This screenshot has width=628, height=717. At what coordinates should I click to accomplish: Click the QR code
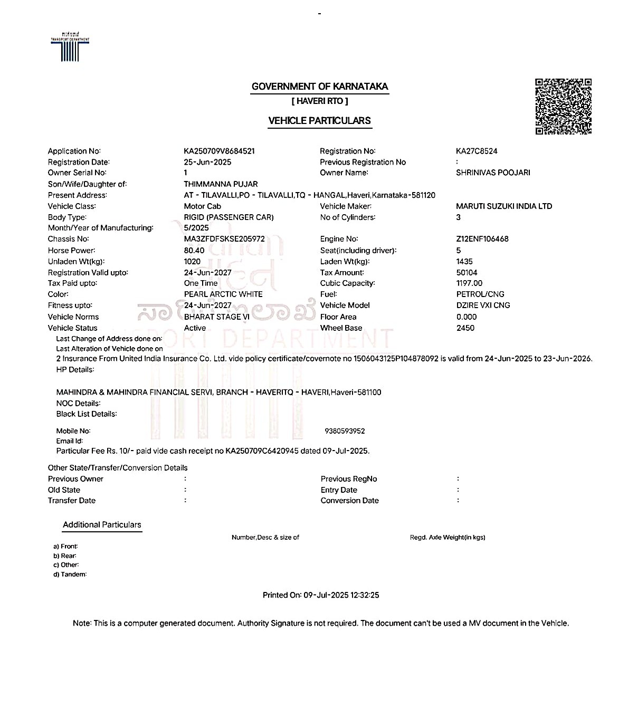(x=563, y=107)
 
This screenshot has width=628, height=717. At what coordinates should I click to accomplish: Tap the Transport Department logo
(x=70, y=47)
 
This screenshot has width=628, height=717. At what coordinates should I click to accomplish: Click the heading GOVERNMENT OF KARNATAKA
(x=319, y=87)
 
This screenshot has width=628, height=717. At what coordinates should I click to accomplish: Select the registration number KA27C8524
(x=477, y=151)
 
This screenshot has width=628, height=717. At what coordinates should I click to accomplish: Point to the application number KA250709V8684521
(x=219, y=151)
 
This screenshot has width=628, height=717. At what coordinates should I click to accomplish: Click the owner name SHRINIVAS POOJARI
(x=493, y=173)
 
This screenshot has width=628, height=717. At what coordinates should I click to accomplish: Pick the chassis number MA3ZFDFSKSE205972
(x=224, y=239)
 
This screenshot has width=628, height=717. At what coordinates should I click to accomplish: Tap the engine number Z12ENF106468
(x=482, y=239)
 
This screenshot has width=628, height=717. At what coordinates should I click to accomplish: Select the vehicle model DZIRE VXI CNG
(x=483, y=305)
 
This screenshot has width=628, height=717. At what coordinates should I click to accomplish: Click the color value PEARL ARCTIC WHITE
(x=223, y=294)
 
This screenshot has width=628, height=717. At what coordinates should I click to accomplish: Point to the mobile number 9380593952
(x=345, y=431)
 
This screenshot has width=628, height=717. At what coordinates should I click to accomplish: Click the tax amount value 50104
(x=467, y=273)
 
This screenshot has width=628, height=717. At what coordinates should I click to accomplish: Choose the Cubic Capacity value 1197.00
(x=469, y=283)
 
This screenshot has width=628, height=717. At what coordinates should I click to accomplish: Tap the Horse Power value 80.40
(x=194, y=251)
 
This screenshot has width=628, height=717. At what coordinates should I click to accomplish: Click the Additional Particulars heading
(x=102, y=525)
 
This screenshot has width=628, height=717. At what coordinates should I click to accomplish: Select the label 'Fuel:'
(x=328, y=294)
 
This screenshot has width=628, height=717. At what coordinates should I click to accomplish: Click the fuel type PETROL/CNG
(x=480, y=294)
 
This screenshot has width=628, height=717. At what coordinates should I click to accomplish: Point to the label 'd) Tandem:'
(x=70, y=575)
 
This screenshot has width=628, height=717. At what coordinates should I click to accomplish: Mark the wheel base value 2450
(x=465, y=328)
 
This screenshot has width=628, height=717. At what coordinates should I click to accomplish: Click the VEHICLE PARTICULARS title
(x=319, y=121)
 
